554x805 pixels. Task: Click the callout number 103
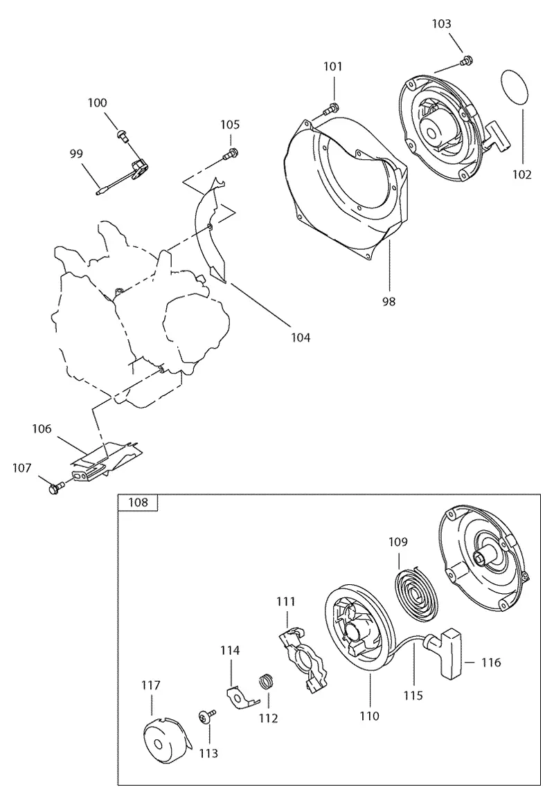point(442,24)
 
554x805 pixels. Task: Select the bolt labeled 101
point(331,109)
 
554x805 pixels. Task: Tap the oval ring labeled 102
point(514,89)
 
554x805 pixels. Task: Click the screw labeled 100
point(123,134)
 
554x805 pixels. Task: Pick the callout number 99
point(76,154)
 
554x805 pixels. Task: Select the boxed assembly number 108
point(138,502)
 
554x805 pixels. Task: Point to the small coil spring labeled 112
point(266,682)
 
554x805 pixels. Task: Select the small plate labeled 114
point(241,696)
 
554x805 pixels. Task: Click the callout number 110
point(369,716)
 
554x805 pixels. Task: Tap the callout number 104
point(301,337)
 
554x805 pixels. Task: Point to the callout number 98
point(388,301)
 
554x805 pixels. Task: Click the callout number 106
point(42,428)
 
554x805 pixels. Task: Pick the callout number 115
point(413,695)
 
